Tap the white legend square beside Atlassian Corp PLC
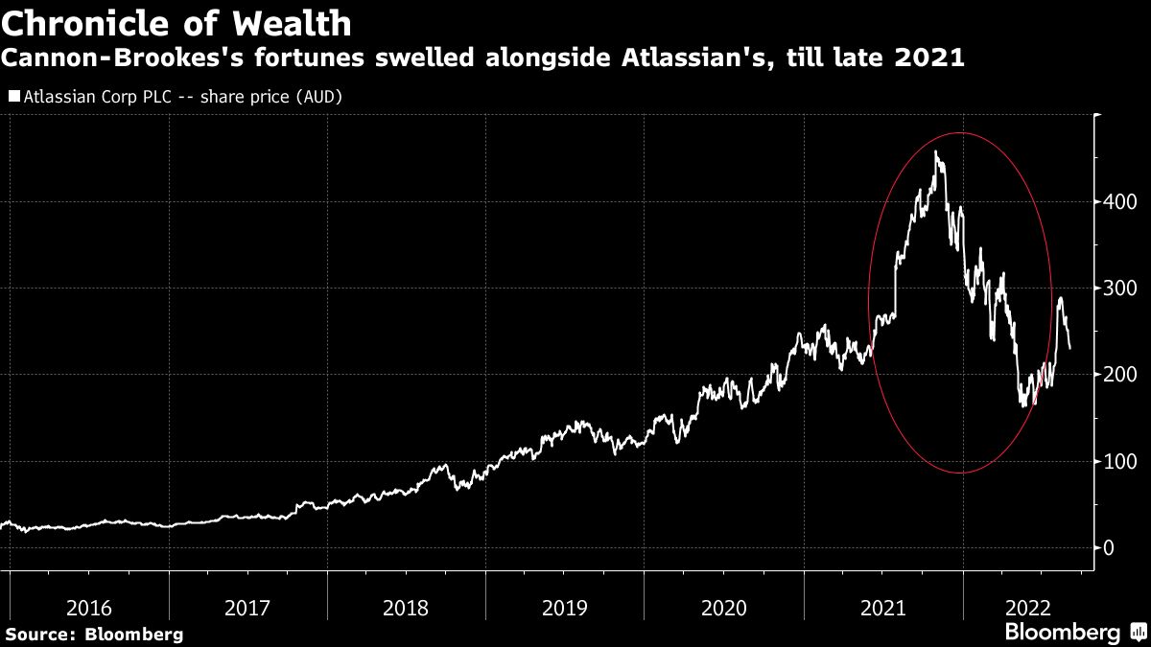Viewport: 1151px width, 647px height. (14, 97)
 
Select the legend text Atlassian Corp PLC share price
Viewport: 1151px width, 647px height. (182, 97)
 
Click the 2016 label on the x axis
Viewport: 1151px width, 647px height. (89, 608)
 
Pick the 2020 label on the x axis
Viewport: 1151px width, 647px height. (725, 608)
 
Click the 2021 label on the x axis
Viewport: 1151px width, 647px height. (884, 608)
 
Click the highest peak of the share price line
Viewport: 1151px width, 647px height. (935, 151)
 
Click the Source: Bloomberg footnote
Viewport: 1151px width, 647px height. (93, 634)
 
